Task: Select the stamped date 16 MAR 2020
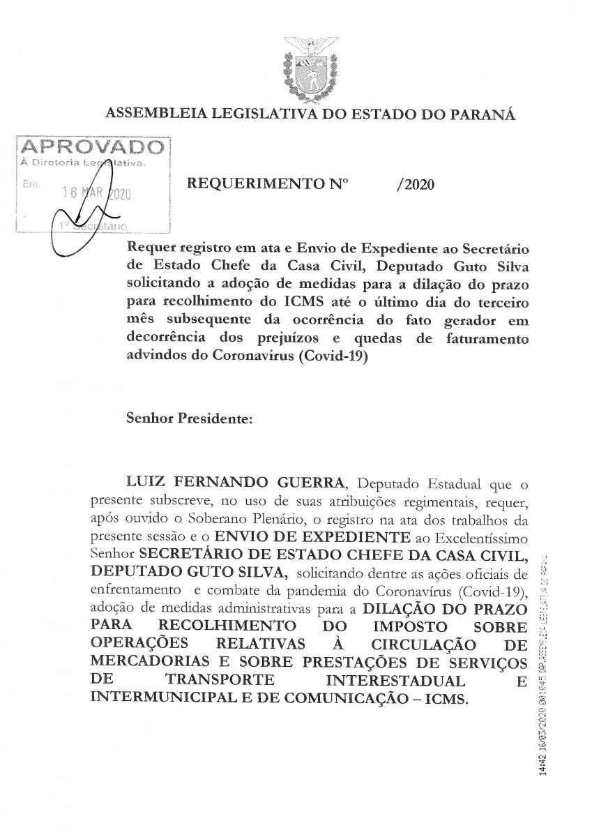pyautogui.click(x=97, y=195)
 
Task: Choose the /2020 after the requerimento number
pyautogui.click(x=414, y=185)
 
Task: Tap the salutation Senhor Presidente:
pyautogui.click(x=183, y=419)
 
